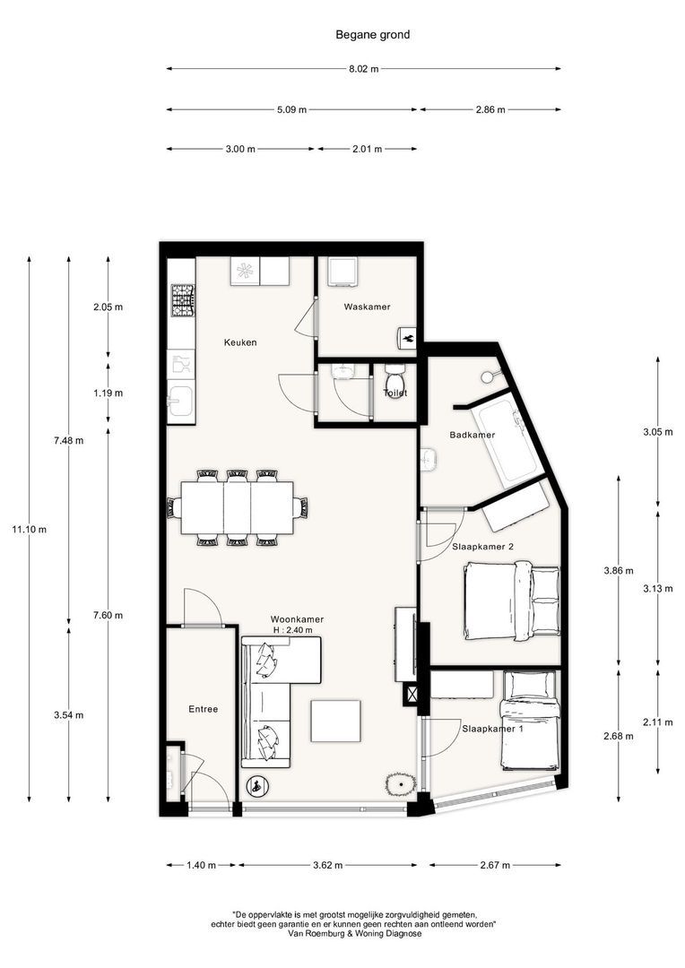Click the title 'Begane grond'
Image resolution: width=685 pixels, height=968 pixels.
[372, 35]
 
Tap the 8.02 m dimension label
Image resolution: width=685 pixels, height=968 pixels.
[363, 69]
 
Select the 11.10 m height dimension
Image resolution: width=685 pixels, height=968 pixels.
[29, 530]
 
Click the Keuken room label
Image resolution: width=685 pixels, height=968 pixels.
[240, 342]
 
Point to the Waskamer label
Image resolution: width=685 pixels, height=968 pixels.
[367, 307]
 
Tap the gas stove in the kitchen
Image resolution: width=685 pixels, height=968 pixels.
[183, 301]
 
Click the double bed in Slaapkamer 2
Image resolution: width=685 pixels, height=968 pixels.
[511, 601]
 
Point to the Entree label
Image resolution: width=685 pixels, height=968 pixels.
[203, 709]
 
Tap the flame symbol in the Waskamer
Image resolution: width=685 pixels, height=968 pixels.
[405, 338]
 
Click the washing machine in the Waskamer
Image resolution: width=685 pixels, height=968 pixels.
[342, 272]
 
